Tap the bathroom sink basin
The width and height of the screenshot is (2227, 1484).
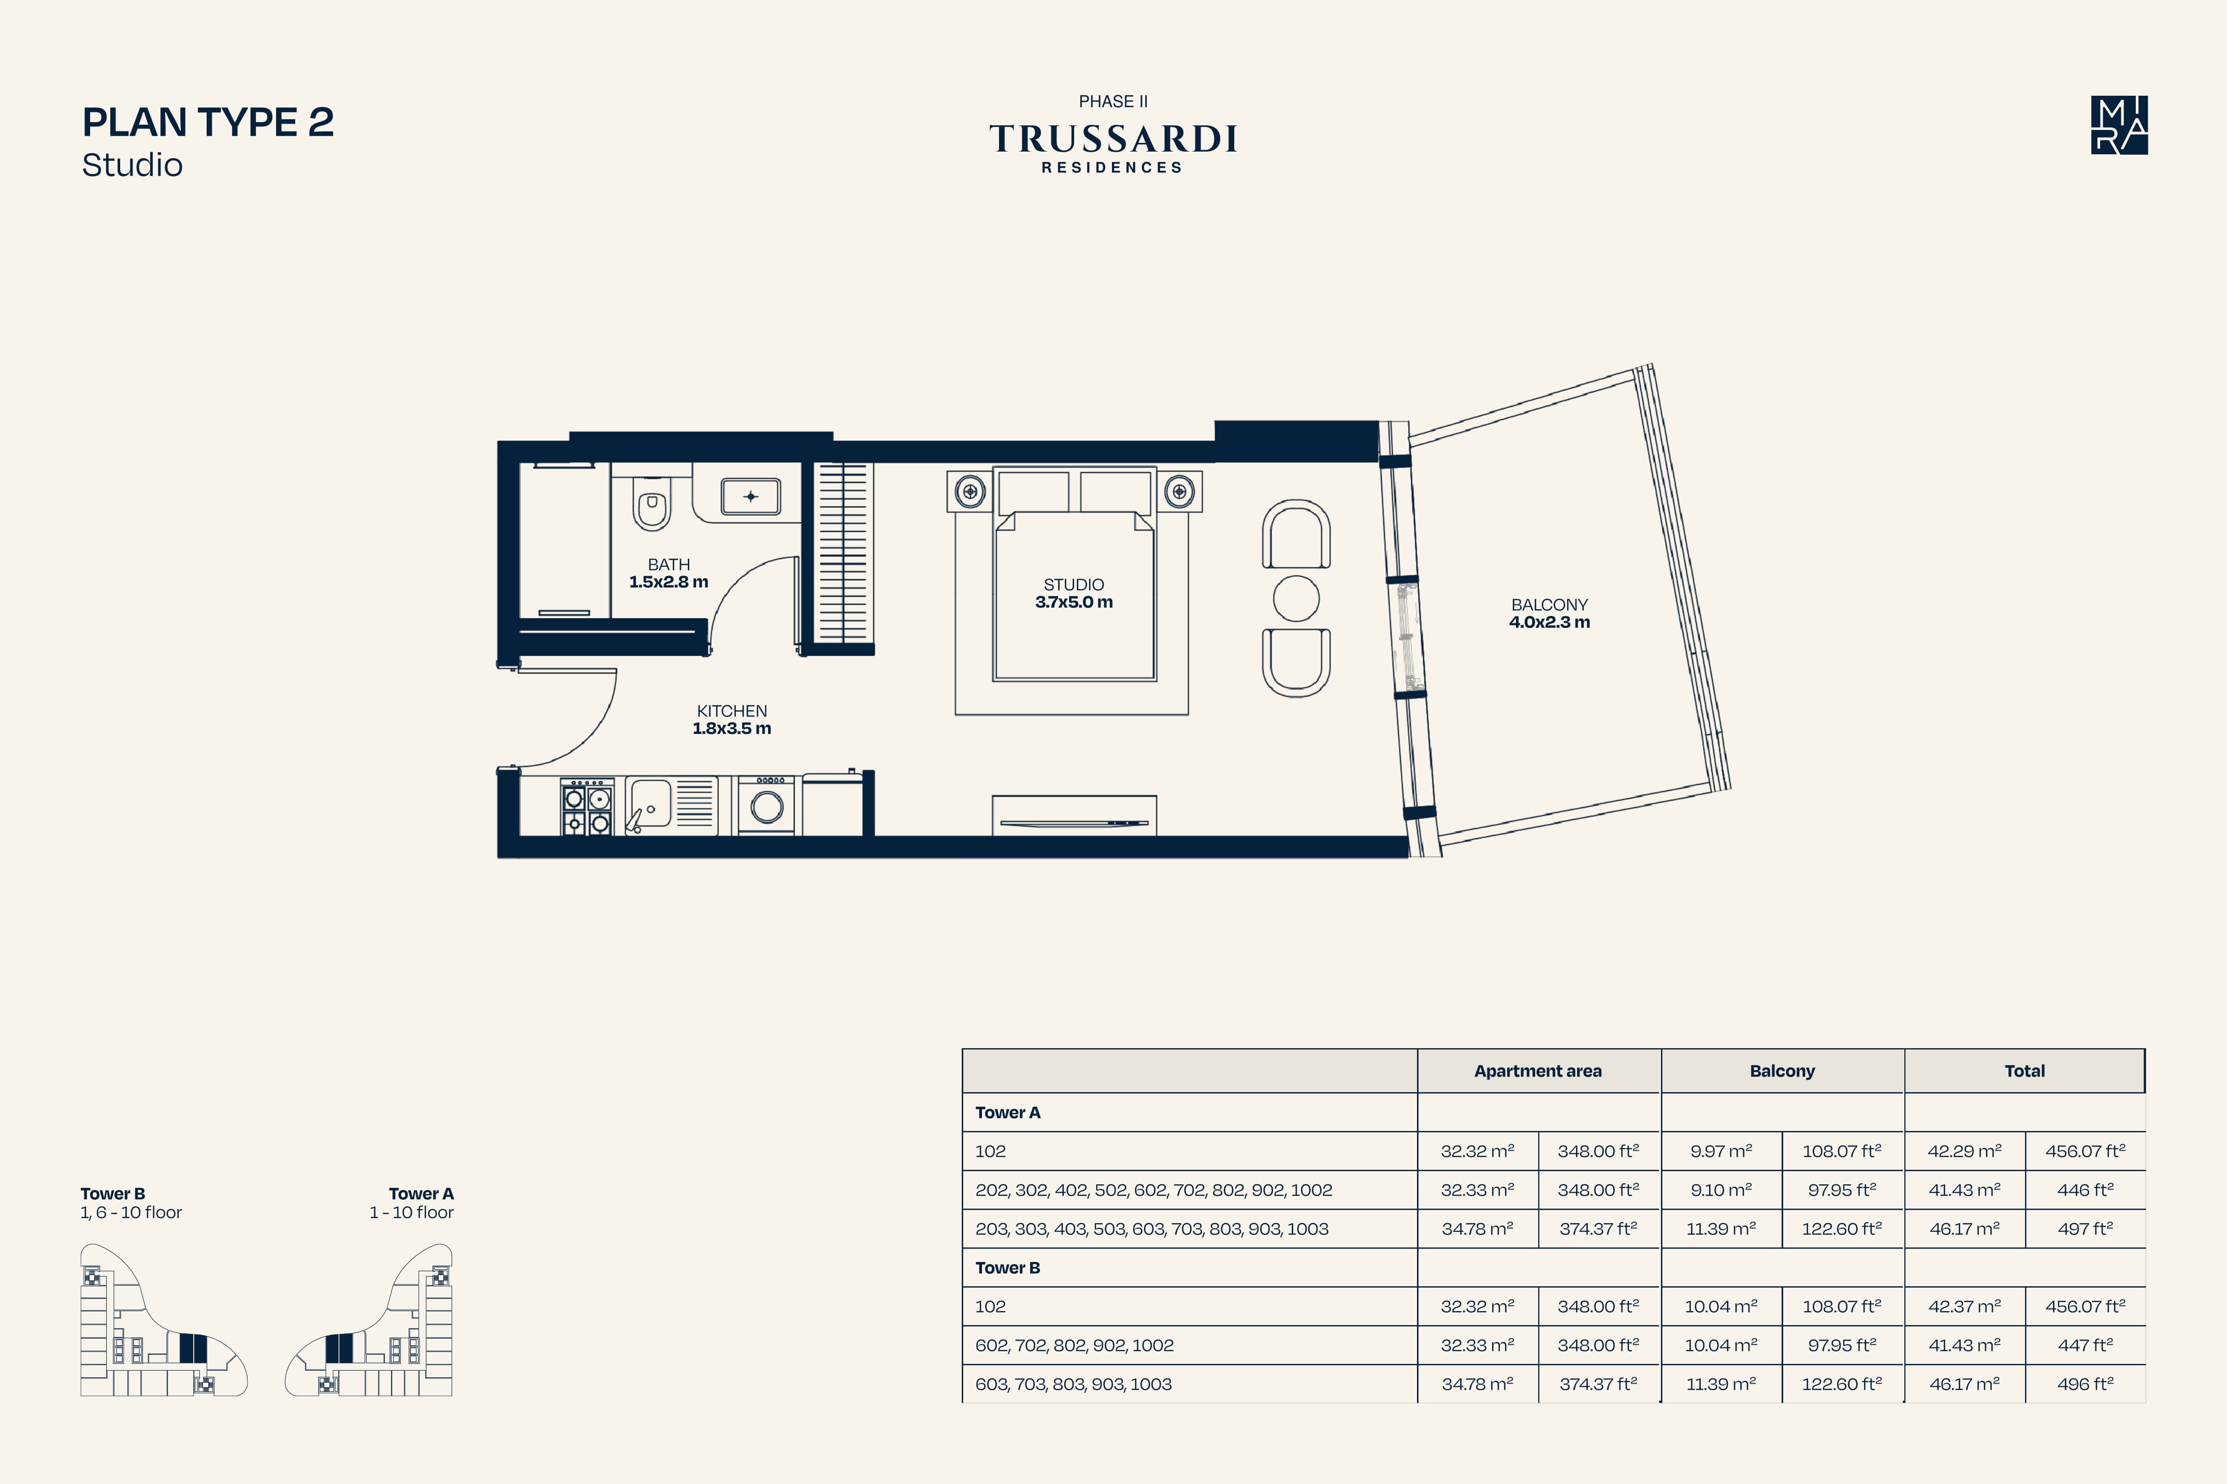(750, 496)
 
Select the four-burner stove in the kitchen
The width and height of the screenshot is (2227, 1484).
(587, 806)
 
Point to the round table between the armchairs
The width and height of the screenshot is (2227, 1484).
(1296, 598)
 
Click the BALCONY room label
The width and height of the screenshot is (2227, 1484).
(1549, 604)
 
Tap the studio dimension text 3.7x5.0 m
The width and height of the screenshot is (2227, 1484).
(1074, 602)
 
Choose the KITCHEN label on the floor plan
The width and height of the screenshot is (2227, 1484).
(732, 711)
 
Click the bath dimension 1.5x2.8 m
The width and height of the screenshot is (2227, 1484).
(669, 582)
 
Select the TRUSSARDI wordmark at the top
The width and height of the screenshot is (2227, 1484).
(1113, 139)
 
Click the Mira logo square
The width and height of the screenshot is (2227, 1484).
(2119, 125)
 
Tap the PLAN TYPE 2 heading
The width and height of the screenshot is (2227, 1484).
(208, 122)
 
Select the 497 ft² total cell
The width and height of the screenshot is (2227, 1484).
(2085, 1228)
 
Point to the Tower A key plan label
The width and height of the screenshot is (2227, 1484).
(422, 1194)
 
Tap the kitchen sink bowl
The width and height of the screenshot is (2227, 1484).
(650, 803)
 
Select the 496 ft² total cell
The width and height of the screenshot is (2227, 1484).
(2085, 1384)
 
